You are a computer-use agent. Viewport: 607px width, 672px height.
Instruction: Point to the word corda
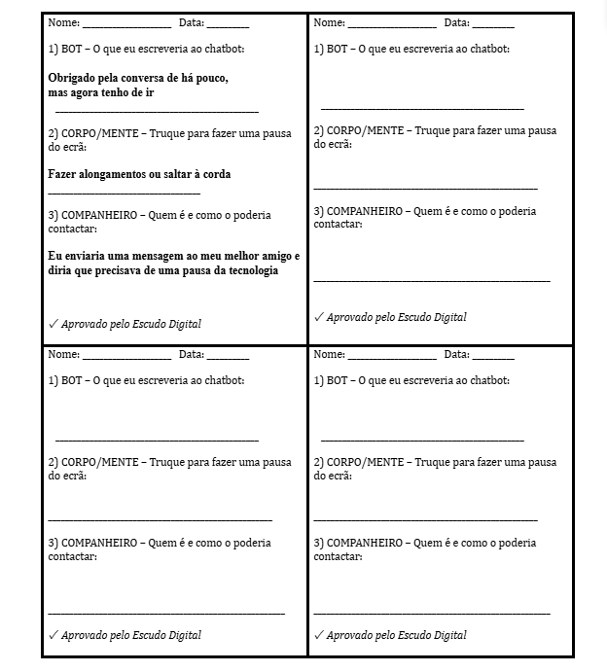coord(215,174)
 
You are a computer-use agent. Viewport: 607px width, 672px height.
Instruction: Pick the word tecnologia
coord(248,271)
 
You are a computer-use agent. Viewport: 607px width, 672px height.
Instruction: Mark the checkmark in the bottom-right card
coord(318,635)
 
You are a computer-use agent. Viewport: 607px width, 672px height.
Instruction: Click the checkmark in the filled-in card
coord(53,324)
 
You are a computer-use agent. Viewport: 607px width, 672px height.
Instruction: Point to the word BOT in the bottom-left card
coord(71,380)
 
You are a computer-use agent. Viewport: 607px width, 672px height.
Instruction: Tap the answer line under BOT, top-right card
coord(421,108)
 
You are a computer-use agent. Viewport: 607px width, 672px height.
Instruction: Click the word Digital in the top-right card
coord(446,317)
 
